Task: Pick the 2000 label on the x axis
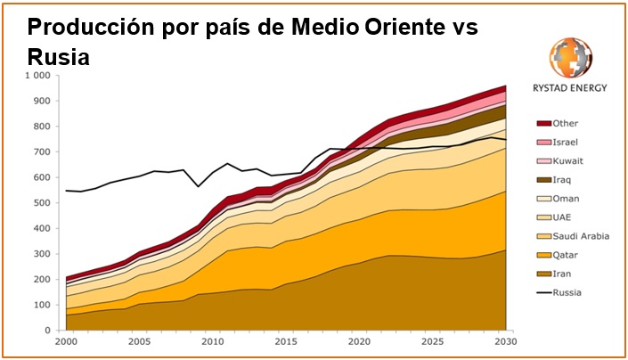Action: coord(65,341)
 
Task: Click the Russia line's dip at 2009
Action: coord(199,186)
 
